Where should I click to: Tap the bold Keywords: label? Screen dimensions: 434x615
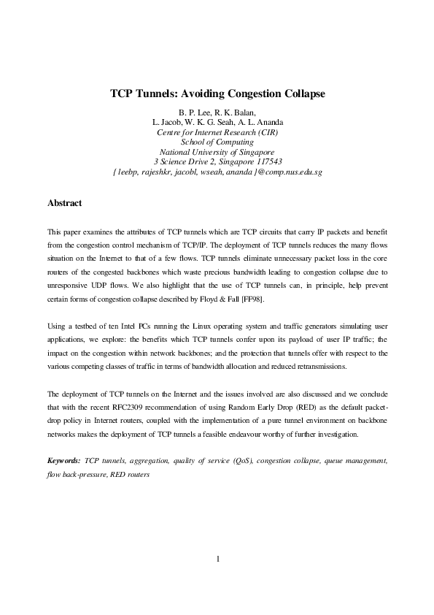pyautogui.click(x=63, y=461)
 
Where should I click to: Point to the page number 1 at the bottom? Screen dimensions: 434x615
pyautogui.click(x=217, y=559)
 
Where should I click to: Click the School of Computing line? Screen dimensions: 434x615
pyautogui.click(x=217, y=142)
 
